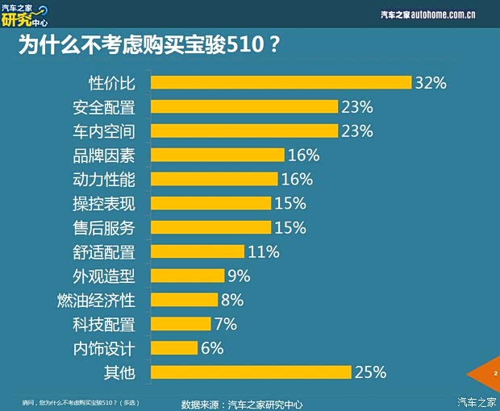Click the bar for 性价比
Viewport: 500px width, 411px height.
click(x=281, y=82)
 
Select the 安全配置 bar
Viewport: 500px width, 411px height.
click(x=244, y=106)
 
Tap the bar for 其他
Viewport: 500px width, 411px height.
click(x=251, y=372)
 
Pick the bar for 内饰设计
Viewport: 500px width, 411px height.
click(x=174, y=348)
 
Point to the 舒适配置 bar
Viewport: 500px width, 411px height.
click(x=197, y=251)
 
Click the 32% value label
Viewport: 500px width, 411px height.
click(x=431, y=82)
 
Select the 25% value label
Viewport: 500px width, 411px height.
click(x=371, y=372)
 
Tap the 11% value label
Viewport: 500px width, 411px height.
click(x=263, y=251)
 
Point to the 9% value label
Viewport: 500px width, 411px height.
click(x=239, y=276)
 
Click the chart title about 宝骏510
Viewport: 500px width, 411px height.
click(x=149, y=44)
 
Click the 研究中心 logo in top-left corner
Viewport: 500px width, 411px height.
click(x=24, y=14)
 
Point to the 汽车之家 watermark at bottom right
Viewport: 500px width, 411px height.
click(x=477, y=401)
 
